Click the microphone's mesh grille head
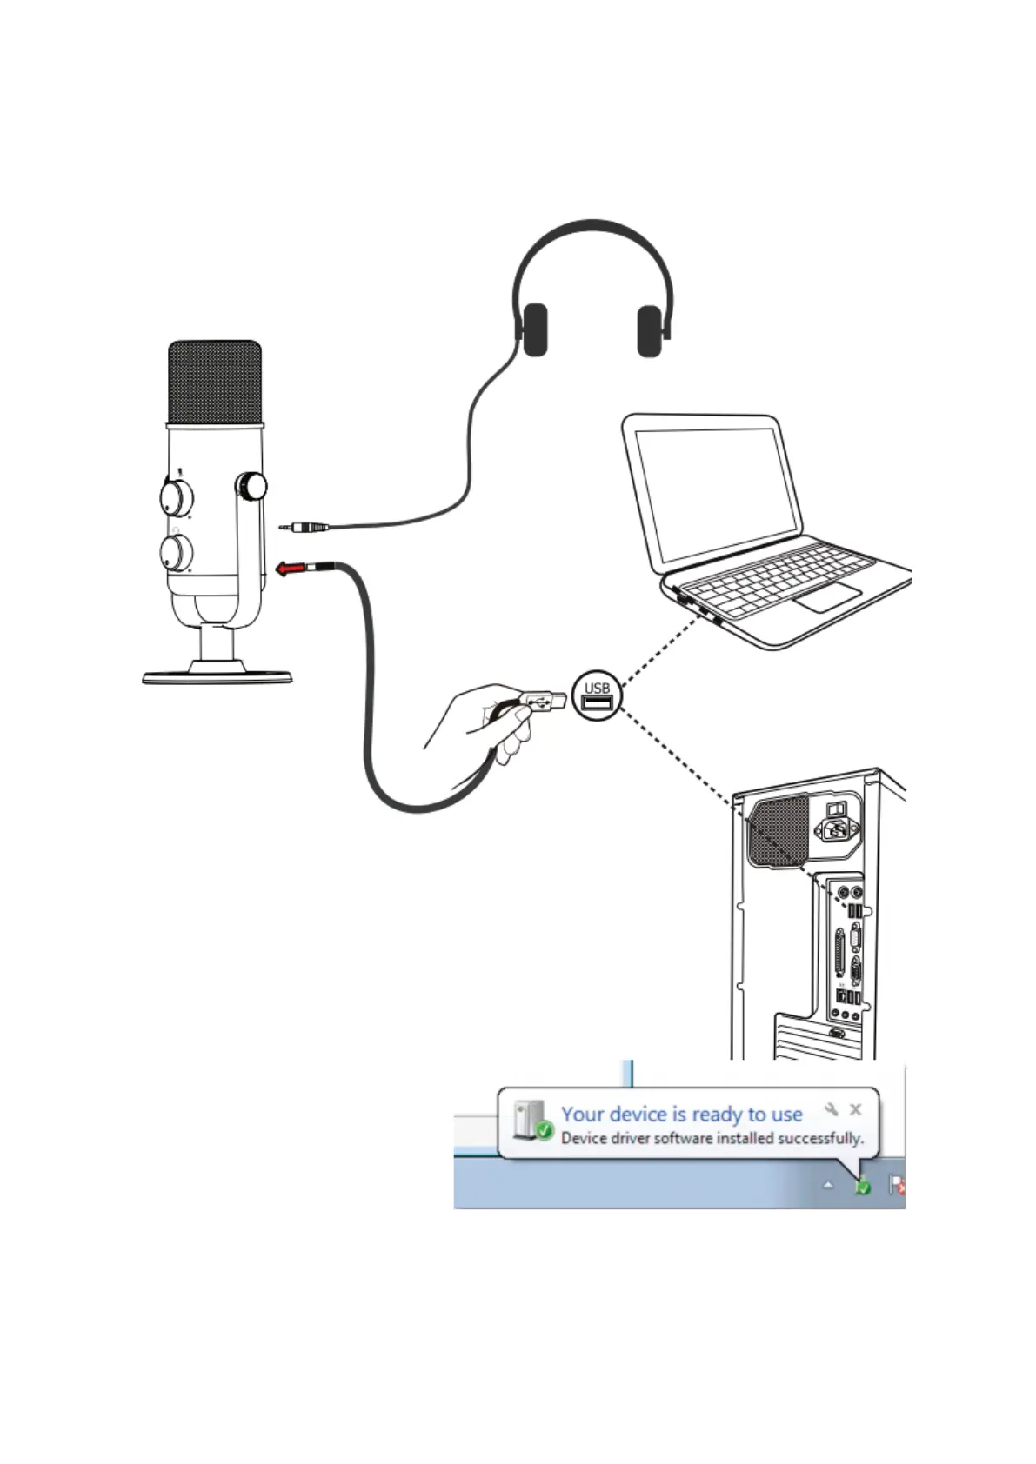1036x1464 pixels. [215, 383]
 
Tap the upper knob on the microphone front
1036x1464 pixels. [177, 497]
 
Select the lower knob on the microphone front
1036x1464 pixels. [177, 552]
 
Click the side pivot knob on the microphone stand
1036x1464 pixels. [251, 486]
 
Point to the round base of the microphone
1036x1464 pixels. [217, 675]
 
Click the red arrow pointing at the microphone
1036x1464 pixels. [291, 569]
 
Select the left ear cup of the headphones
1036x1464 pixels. [534, 329]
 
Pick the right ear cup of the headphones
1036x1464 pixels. [650, 330]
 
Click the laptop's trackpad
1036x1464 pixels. [828, 597]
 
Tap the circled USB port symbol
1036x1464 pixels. [597, 695]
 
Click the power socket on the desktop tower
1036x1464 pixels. [837, 830]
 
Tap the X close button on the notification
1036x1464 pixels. [855, 1109]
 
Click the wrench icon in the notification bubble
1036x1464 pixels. [832, 1109]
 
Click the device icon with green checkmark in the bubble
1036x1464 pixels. [531, 1121]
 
